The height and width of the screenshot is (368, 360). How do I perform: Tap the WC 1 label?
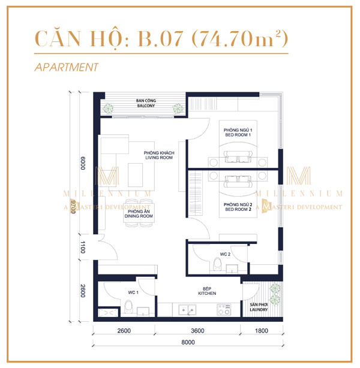(x=133, y=292)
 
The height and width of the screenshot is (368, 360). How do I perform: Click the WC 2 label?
(x=224, y=254)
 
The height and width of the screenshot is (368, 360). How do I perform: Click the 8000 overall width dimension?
(x=188, y=343)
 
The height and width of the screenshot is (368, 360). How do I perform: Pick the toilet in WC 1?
(x=129, y=309)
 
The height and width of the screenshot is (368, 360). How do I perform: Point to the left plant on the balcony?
(x=109, y=108)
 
